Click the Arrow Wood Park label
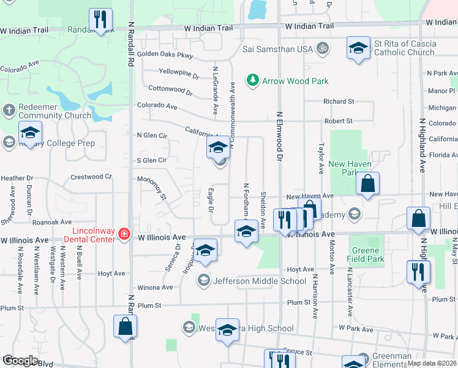295,81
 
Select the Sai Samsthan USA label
277,48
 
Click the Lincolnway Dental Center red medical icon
124,234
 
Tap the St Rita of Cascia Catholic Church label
405,48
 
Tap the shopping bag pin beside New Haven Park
367,183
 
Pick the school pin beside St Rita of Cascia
358,48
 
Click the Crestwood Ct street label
92,177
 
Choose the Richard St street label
339,101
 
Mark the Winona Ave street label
156,287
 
